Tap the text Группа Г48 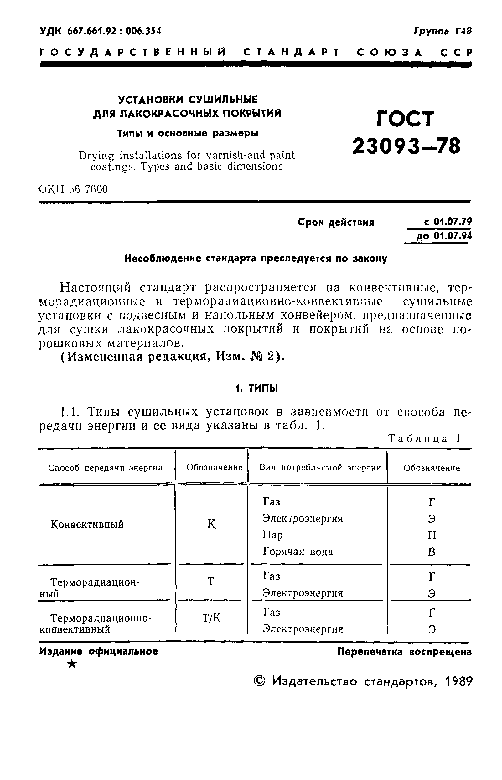443,31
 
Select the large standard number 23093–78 406,146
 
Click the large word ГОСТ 406,119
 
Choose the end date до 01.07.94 444,236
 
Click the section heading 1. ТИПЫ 256,388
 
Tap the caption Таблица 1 424,439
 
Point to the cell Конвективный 87,525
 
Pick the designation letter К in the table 212,524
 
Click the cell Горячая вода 298,552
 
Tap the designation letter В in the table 432,552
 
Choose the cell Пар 273,535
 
